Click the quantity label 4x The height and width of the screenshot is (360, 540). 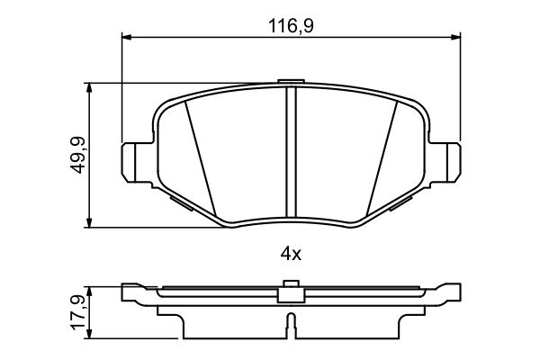coord(290,254)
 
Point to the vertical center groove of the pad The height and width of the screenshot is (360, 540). coord(290,153)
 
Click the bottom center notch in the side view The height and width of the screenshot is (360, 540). coord(290,322)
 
